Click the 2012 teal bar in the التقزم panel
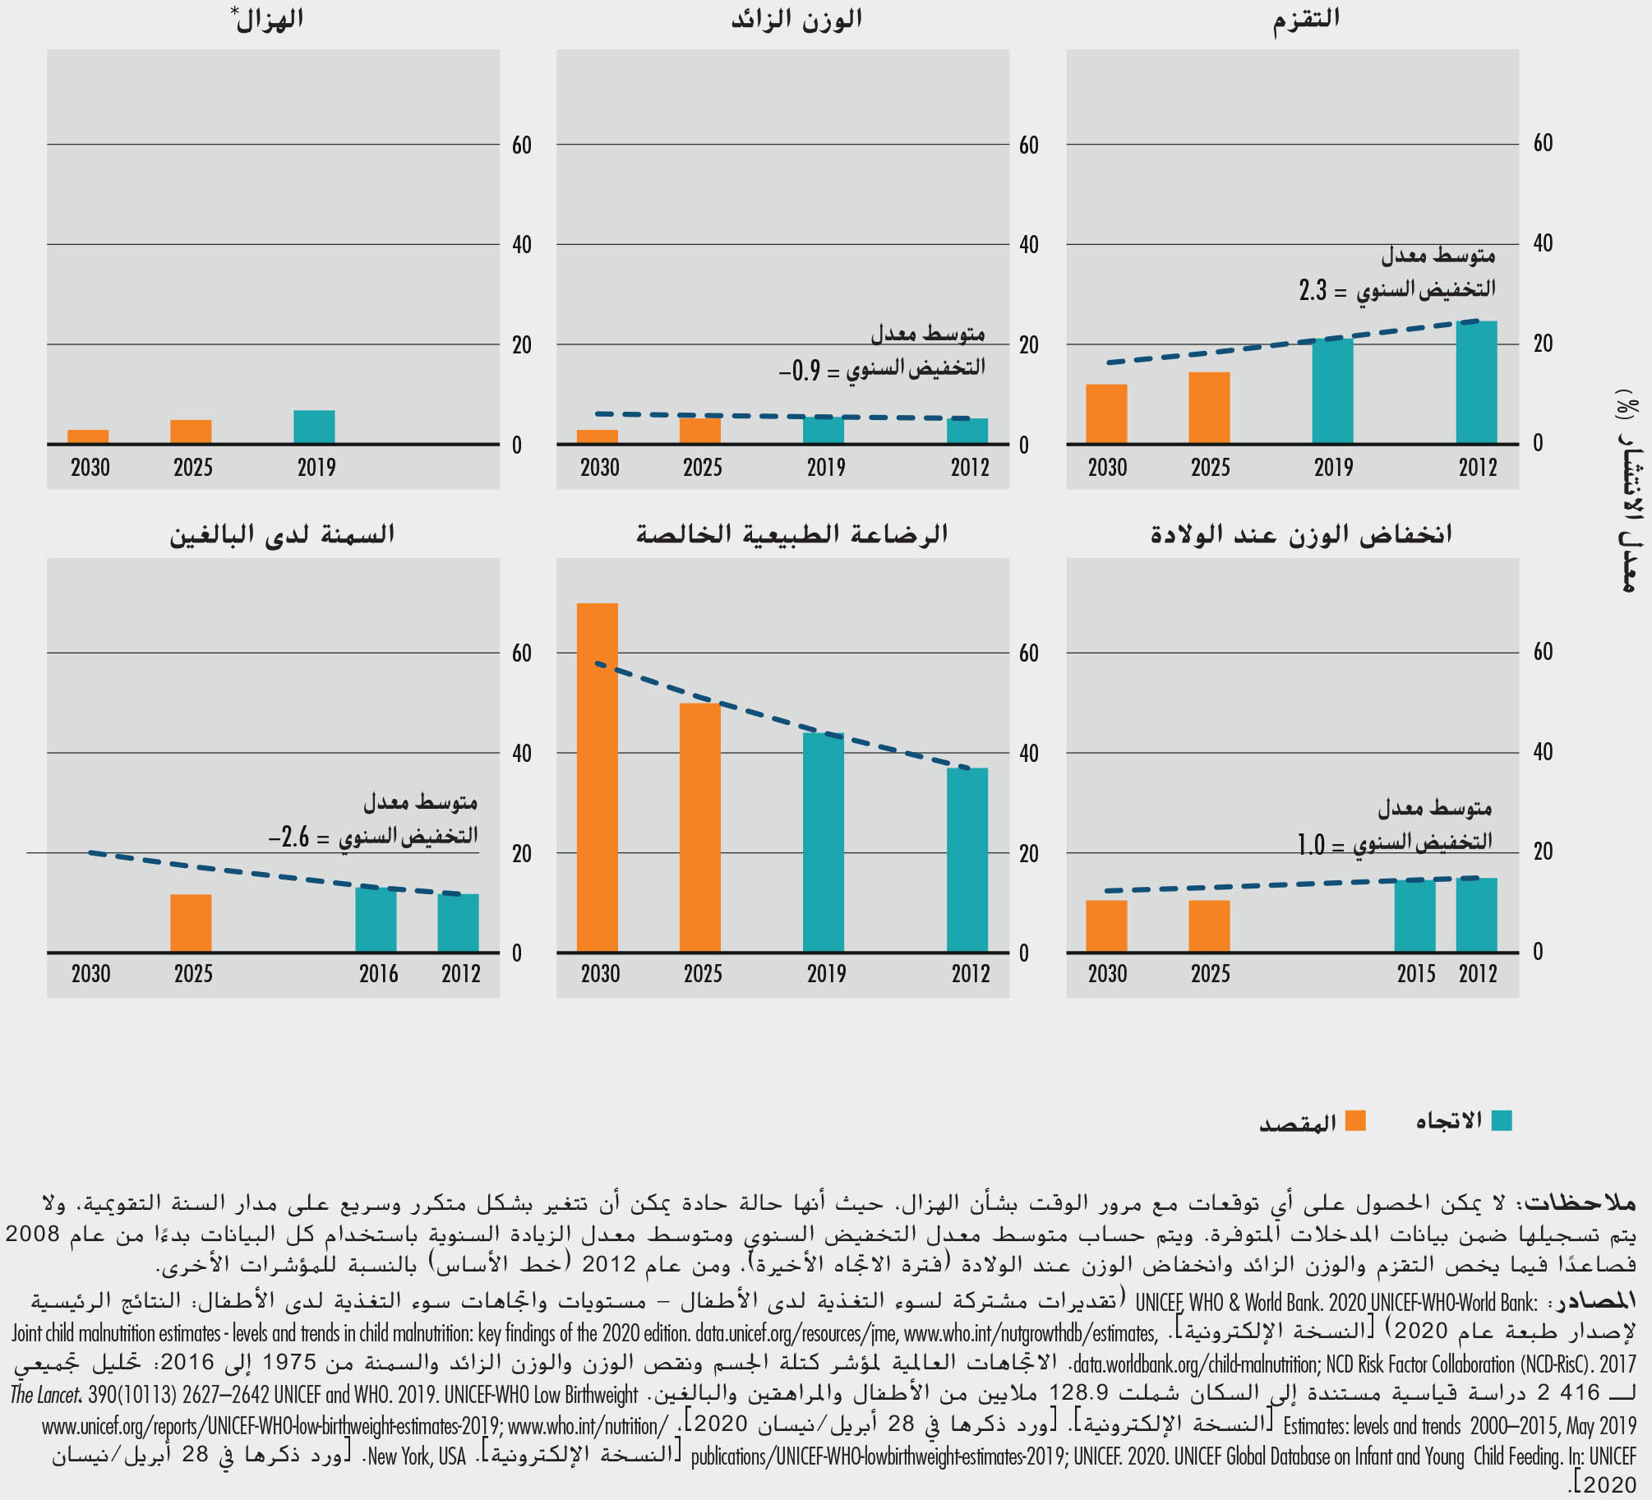[1476, 382]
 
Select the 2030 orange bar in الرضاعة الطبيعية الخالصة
[598, 778]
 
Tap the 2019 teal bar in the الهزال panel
[314, 427]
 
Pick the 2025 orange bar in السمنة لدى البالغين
[191, 923]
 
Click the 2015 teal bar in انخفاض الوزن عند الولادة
[1414, 916]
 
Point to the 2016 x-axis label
[378, 974]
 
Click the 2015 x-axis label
[1415, 974]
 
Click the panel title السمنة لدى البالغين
[282, 535]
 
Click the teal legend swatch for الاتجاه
[1502, 1121]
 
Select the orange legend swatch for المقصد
[1355, 1121]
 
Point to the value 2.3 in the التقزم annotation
[1313, 290]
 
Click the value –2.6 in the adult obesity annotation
[288, 838]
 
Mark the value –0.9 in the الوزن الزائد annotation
[800, 371]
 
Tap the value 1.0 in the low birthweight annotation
[1311, 844]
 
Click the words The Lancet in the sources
[45, 1395]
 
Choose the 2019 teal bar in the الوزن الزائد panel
[824, 430]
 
